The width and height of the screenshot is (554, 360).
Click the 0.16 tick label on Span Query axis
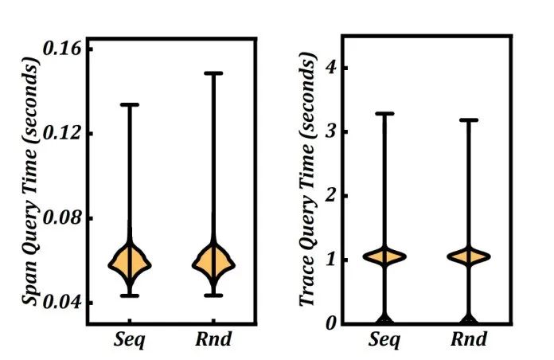(63, 49)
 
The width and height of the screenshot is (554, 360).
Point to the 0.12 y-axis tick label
(63, 133)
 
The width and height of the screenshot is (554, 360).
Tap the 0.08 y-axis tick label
(63, 217)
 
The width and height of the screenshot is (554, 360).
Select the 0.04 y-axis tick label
(63, 303)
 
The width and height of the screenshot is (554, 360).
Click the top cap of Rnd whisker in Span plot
(213, 73)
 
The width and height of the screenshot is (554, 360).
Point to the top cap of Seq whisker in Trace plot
(385, 114)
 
